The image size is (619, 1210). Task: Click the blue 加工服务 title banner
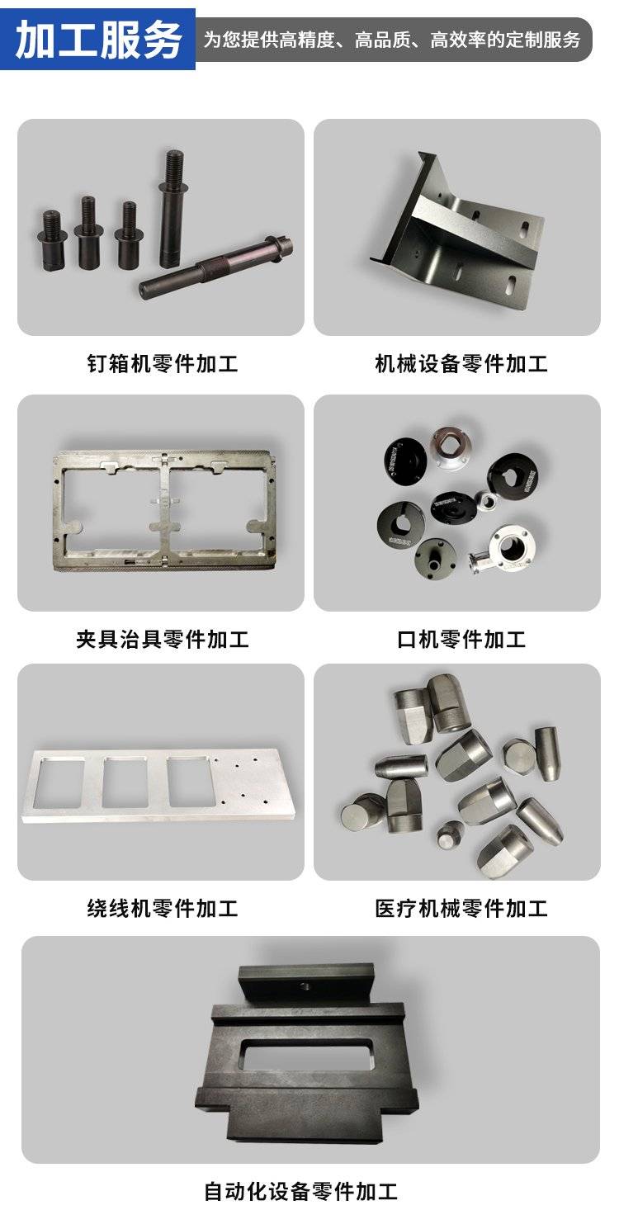[x=97, y=40]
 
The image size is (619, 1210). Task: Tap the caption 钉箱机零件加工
[x=163, y=363]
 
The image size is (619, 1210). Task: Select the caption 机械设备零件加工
[x=461, y=363]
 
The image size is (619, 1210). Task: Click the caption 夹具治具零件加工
[x=163, y=639]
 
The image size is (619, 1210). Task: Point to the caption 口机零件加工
[x=461, y=639]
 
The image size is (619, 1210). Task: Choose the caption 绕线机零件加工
[x=163, y=908]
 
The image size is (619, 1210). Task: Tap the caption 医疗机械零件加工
[x=461, y=908]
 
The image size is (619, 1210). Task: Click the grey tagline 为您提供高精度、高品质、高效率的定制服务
[x=392, y=40]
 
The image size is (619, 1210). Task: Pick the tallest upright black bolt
[x=172, y=208]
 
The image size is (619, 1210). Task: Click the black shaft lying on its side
[x=216, y=267]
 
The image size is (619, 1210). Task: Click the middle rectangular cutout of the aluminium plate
[x=125, y=782]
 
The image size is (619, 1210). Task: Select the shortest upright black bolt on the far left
[x=51, y=240]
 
